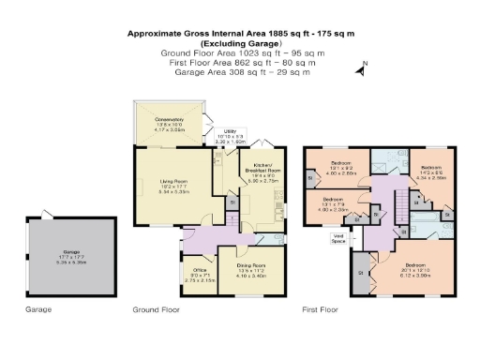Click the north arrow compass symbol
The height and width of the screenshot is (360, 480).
359,68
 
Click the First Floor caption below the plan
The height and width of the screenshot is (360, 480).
319,308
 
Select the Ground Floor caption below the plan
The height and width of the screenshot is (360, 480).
155,308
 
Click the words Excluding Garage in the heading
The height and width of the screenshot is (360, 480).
239,44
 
